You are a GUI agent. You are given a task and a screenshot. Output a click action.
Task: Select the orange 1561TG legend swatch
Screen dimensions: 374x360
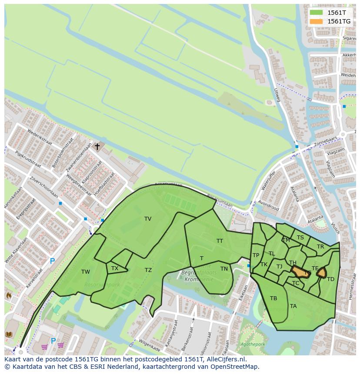(x=316, y=21)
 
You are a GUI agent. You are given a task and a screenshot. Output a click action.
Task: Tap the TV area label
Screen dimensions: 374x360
(x=148, y=219)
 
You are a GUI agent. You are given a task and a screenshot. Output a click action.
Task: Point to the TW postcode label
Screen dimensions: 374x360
(x=86, y=272)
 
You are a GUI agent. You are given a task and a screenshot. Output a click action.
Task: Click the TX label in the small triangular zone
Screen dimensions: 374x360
(x=115, y=268)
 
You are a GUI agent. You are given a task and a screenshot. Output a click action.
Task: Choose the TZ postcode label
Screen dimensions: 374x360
(x=148, y=270)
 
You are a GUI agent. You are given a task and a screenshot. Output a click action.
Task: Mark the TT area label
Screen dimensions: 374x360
(x=220, y=241)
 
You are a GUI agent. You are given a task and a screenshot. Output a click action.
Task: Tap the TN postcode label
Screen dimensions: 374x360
(x=224, y=269)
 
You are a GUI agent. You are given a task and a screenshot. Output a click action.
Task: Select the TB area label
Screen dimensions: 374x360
(x=273, y=298)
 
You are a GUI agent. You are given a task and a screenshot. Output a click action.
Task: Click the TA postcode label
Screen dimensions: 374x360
(x=293, y=306)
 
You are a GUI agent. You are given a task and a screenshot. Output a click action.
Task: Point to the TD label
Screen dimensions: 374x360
(x=330, y=279)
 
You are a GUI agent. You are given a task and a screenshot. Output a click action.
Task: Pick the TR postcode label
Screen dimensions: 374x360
(x=320, y=247)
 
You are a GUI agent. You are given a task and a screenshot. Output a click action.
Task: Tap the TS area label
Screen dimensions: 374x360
(x=300, y=238)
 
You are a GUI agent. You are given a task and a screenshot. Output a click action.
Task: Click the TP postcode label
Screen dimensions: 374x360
(x=256, y=255)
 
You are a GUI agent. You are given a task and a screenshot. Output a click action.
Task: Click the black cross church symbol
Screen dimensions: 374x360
(x=97, y=147)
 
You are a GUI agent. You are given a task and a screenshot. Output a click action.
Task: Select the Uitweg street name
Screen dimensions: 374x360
(x=277, y=95)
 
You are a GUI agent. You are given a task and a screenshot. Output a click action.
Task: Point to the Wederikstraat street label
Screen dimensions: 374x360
(x=40, y=139)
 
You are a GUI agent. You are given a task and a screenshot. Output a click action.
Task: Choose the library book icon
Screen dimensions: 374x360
(x=9, y=334)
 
